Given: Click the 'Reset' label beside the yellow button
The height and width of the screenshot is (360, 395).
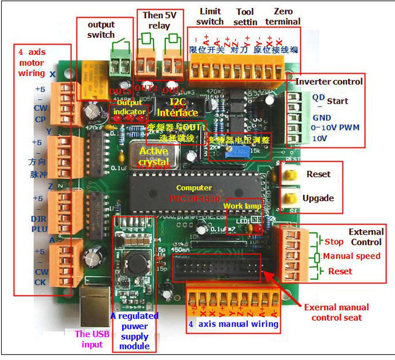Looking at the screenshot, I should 318,174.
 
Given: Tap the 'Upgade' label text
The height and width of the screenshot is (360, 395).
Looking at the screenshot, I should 318,198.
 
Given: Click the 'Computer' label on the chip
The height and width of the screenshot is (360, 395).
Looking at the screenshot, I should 193,188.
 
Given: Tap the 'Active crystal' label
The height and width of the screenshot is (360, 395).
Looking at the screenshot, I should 153,157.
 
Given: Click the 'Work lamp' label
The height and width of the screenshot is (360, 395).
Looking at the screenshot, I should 242,206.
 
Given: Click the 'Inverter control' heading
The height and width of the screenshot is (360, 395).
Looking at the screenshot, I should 329,82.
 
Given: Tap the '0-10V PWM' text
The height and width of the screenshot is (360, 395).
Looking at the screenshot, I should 336,128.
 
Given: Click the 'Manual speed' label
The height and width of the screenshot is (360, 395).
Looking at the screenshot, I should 351,256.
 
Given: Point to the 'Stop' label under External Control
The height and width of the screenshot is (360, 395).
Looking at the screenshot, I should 334,242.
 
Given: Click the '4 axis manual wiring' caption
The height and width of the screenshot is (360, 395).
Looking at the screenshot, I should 233,324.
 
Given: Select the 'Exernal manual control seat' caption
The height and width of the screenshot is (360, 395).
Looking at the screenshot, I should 336,312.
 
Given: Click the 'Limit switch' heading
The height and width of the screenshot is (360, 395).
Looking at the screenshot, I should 210,16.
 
